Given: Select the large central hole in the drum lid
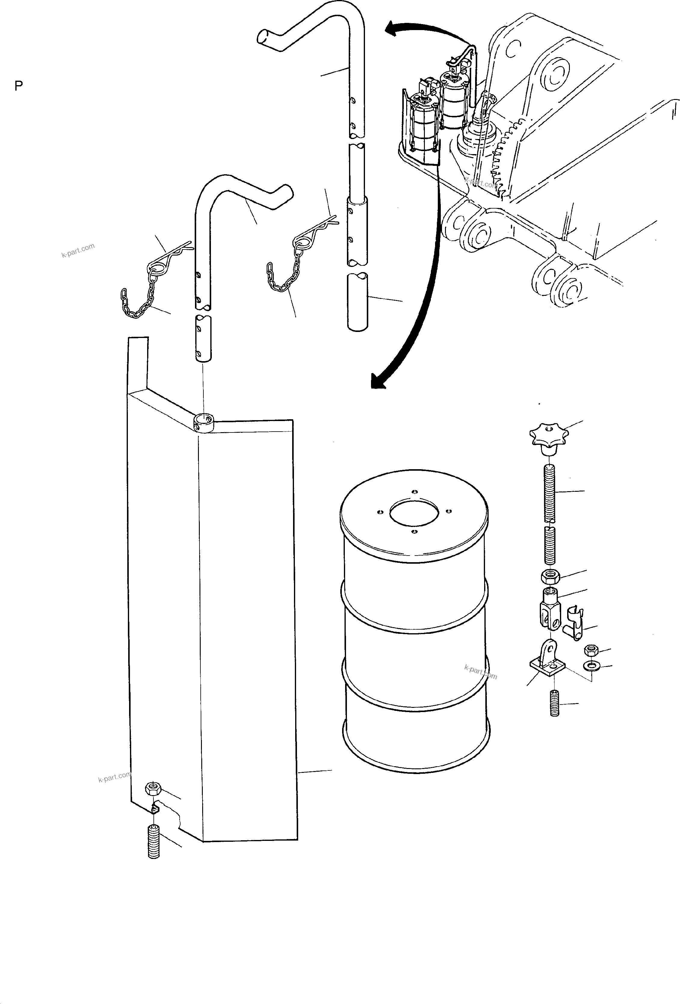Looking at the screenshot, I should pos(414,513).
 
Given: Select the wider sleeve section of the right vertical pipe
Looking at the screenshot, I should pos(357,231).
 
